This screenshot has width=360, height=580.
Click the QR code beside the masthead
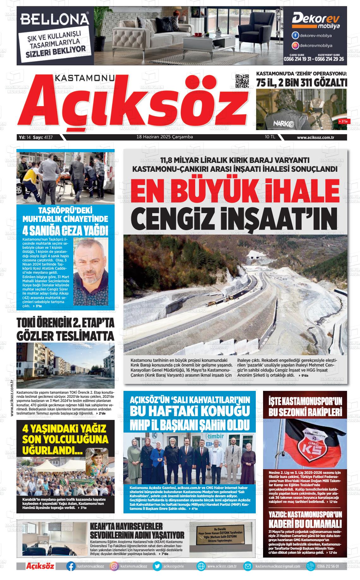pos(243,81)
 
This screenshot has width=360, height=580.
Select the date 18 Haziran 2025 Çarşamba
pos(165,137)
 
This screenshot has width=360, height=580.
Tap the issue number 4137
pos(49,137)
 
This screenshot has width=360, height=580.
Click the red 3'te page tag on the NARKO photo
pos(342,121)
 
